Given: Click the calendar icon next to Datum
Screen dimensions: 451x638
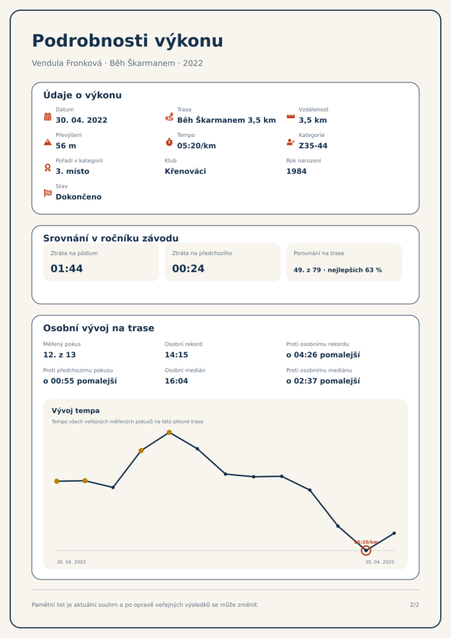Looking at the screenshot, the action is pos(48,116).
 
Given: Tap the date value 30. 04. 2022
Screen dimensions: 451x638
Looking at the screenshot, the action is pos(82,120).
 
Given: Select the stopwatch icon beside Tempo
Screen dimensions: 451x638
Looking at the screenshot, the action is pos(169,142).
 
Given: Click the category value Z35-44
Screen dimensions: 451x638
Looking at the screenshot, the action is pos(313,146).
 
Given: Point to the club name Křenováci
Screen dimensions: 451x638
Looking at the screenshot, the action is pos(185,171).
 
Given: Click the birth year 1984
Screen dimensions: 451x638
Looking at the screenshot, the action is pos(296,171).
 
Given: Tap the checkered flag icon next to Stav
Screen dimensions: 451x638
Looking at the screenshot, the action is pos(48,193).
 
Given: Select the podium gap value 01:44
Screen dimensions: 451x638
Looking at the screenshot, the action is pos(67,268).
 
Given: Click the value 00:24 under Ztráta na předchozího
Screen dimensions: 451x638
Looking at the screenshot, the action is pos(188,268).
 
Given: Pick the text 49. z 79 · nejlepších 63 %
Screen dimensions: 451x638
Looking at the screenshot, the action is pos(338,270).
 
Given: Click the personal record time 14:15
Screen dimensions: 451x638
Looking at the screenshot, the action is pos(176,355).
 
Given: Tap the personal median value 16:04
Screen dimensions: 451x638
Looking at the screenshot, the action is pos(176,381).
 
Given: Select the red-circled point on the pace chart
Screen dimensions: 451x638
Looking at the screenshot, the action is pos(366,551).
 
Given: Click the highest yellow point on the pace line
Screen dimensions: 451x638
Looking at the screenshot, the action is pos(169,432).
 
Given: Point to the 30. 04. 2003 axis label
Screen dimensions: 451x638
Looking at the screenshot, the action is pos(71,562).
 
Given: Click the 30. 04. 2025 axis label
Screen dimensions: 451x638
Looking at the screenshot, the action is pos(379,562).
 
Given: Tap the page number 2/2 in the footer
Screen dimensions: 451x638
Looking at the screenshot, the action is pos(414,605).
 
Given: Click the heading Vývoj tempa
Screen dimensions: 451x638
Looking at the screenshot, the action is pos(76,411).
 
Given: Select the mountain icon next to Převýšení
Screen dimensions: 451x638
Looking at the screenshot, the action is pos(48,142).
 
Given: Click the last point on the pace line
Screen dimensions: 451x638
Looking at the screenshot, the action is pos(394,533).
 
